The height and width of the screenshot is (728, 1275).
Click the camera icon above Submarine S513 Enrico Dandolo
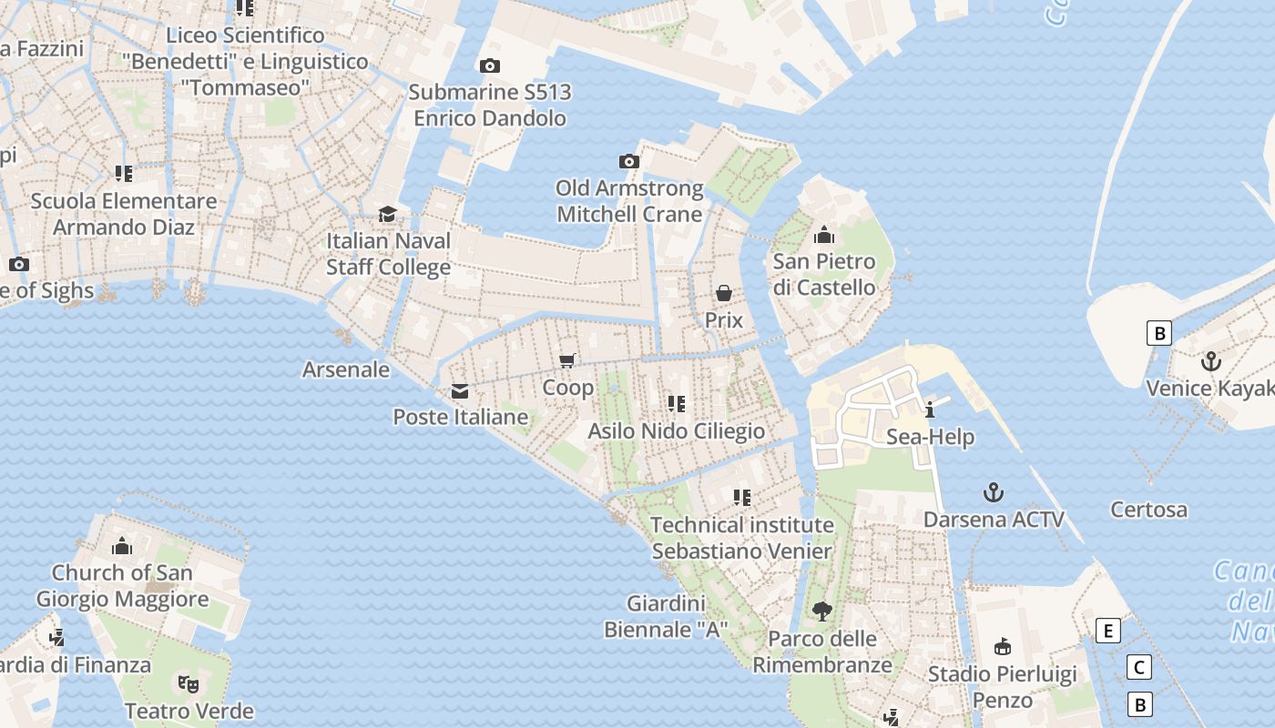[490, 66]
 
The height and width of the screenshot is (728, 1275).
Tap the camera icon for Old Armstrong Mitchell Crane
[629, 161]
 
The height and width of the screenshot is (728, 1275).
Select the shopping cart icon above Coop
[567, 360]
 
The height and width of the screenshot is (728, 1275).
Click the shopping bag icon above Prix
[724, 293]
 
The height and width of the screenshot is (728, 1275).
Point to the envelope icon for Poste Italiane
[460, 390]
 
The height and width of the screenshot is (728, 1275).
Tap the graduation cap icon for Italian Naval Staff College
[388, 214]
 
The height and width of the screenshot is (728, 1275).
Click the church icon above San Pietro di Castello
[824, 235]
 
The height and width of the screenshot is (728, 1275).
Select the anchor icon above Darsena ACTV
[994, 492]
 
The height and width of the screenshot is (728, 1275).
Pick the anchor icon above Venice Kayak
[1210, 361]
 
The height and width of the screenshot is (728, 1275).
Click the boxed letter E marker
[1107, 631]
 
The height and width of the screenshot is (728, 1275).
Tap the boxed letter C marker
[1138, 667]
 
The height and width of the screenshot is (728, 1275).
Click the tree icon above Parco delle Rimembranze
[822, 611]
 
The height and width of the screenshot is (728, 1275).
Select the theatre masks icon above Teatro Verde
[189, 683]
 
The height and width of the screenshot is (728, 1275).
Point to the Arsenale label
[346, 369]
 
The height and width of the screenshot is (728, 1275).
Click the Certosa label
[1148, 510]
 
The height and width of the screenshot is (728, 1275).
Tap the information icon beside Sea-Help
[930, 409]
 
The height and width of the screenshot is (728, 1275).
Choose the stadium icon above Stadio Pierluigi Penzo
[1003, 647]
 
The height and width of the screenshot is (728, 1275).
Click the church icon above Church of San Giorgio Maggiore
[122, 546]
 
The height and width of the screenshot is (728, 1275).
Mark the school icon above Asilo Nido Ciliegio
[677, 403]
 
